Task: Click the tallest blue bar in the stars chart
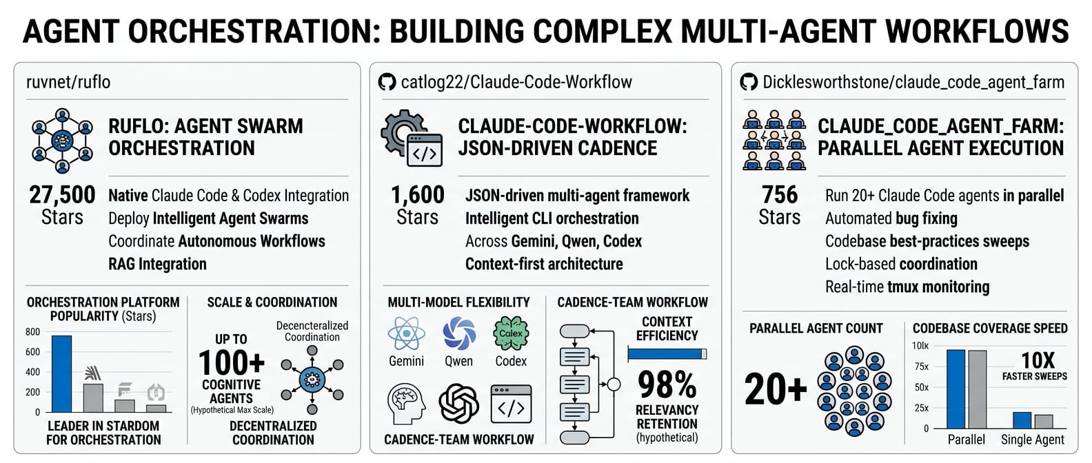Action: (x=61, y=373)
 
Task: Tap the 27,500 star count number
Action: (x=62, y=195)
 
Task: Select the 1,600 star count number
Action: (x=418, y=195)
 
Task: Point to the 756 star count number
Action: (x=780, y=195)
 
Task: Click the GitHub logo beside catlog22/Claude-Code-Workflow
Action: (x=387, y=83)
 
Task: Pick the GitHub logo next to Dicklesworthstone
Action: (x=749, y=83)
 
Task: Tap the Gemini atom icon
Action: (x=406, y=334)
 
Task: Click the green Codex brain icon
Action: (x=511, y=334)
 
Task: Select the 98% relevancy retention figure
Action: (x=667, y=385)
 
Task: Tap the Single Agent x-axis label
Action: (x=1032, y=440)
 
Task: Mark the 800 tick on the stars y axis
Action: (x=32, y=332)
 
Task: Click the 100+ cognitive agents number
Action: (x=232, y=362)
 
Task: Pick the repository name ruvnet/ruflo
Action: (x=68, y=83)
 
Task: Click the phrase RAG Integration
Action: (x=157, y=264)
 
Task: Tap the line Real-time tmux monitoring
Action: (x=907, y=287)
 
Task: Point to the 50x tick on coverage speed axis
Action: (x=921, y=387)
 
